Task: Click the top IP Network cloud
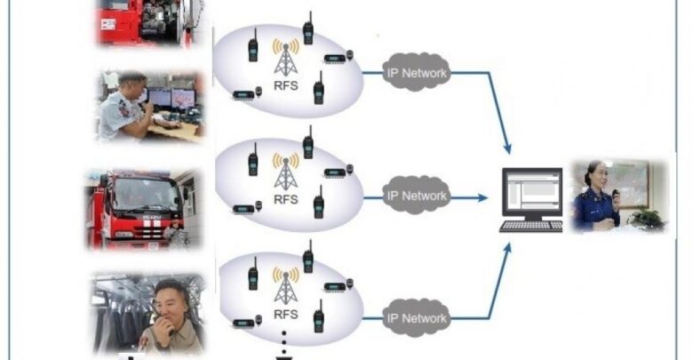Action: pyautogui.click(x=417, y=73)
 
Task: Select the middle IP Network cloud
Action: pyautogui.click(x=417, y=195)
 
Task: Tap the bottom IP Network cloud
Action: pyautogui.click(x=417, y=317)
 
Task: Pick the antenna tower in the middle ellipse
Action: pyautogui.click(x=285, y=171)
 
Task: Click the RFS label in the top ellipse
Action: pyautogui.click(x=285, y=89)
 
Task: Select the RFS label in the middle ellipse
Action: pyautogui.click(x=285, y=200)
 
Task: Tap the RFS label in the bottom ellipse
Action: pyautogui.click(x=285, y=314)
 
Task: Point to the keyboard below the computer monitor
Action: pyautogui.click(x=531, y=226)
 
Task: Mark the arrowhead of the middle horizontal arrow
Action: pyautogui.click(x=483, y=196)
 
